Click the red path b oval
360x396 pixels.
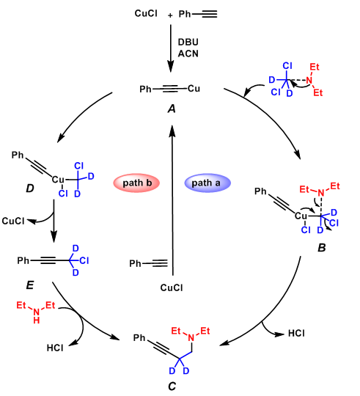(x=136, y=183)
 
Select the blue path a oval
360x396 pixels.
(x=207, y=183)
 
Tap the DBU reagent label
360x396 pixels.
(x=188, y=42)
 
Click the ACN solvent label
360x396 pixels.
(x=188, y=54)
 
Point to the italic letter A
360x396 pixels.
(x=172, y=109)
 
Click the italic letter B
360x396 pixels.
(x=321, y=248)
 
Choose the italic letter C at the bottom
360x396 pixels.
(x=172, y=386)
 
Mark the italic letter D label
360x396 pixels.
(x=30, y=188)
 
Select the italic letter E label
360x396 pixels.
(x=30, y=285)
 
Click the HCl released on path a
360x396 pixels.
(x=296, y=334)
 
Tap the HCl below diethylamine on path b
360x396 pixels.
(x=55, y=348)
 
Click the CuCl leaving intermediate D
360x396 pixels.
(x=13, y=221)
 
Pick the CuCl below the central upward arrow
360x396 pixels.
(x=172, y=287)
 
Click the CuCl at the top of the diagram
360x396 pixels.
(x=146, y=13)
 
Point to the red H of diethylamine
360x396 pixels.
(x=37, y=320)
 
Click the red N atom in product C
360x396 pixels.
(x=191, y=337)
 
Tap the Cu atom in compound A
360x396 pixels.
(x=194, y=89)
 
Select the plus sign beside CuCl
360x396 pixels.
(x=170, y=15)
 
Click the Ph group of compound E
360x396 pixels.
(x=23, y=260)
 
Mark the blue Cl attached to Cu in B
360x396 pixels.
(x=306, y=230)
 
